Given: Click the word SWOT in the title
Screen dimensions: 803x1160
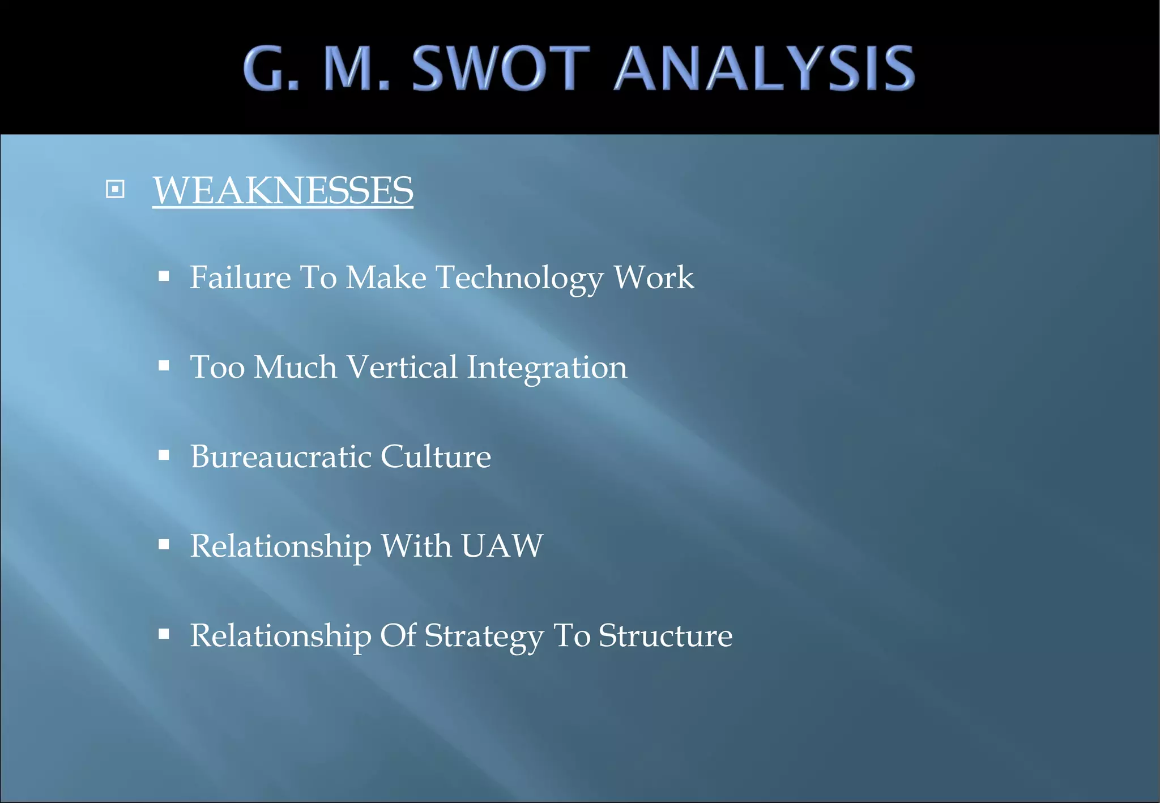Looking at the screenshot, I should point(501,69).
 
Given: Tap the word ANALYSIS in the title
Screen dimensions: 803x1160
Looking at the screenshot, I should point(765,69).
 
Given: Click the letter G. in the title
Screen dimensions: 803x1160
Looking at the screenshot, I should point(271,69).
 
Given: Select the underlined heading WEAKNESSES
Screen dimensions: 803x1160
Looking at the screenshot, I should point(283,190).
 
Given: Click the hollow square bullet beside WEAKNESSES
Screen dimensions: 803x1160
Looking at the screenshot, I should point(115,189).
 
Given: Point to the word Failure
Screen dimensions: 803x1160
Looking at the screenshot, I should point(240,277).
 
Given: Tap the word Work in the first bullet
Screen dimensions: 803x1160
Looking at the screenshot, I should point(654,277).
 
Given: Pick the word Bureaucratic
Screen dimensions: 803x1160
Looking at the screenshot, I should point(280,456).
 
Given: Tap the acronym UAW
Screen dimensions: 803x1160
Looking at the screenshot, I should point(502,546).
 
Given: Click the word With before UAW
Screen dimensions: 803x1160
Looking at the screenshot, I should point(416,546).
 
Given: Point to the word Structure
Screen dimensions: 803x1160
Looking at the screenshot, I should point(666,635).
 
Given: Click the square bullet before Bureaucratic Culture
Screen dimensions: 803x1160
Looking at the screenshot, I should point(164,455).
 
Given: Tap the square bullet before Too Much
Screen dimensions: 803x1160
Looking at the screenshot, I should point(164,366).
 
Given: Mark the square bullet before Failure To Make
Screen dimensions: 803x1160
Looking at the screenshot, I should point(164,276).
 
